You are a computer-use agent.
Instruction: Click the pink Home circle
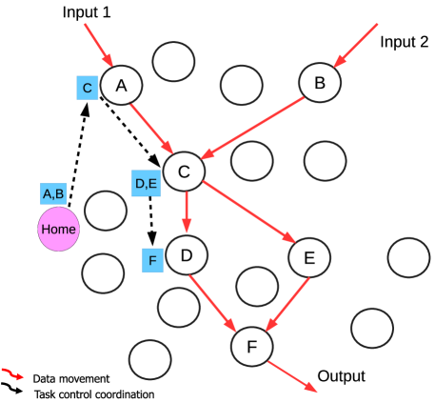click(58, 230)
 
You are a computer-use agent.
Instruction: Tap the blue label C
click(88, 89)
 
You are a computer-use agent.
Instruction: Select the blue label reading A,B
click(54, 194)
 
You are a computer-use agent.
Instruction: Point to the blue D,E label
click(146, 183)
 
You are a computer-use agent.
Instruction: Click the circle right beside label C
click(122, 86)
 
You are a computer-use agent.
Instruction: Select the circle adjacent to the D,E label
click(184, 171)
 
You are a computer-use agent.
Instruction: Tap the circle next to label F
click(187, 254)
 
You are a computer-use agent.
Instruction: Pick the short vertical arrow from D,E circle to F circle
click(186, 212)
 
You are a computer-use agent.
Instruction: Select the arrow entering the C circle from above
click(98, 44)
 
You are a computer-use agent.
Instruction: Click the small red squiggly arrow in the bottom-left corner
click(12, 373)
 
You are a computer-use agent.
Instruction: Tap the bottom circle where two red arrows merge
click(251, 346)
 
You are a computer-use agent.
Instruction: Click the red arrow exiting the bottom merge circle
click(292, 375)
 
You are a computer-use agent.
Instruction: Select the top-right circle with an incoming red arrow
click(320, 83)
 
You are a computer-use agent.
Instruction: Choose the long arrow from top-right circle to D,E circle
click(252, 124)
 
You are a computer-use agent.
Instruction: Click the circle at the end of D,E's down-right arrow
click(308, 256)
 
